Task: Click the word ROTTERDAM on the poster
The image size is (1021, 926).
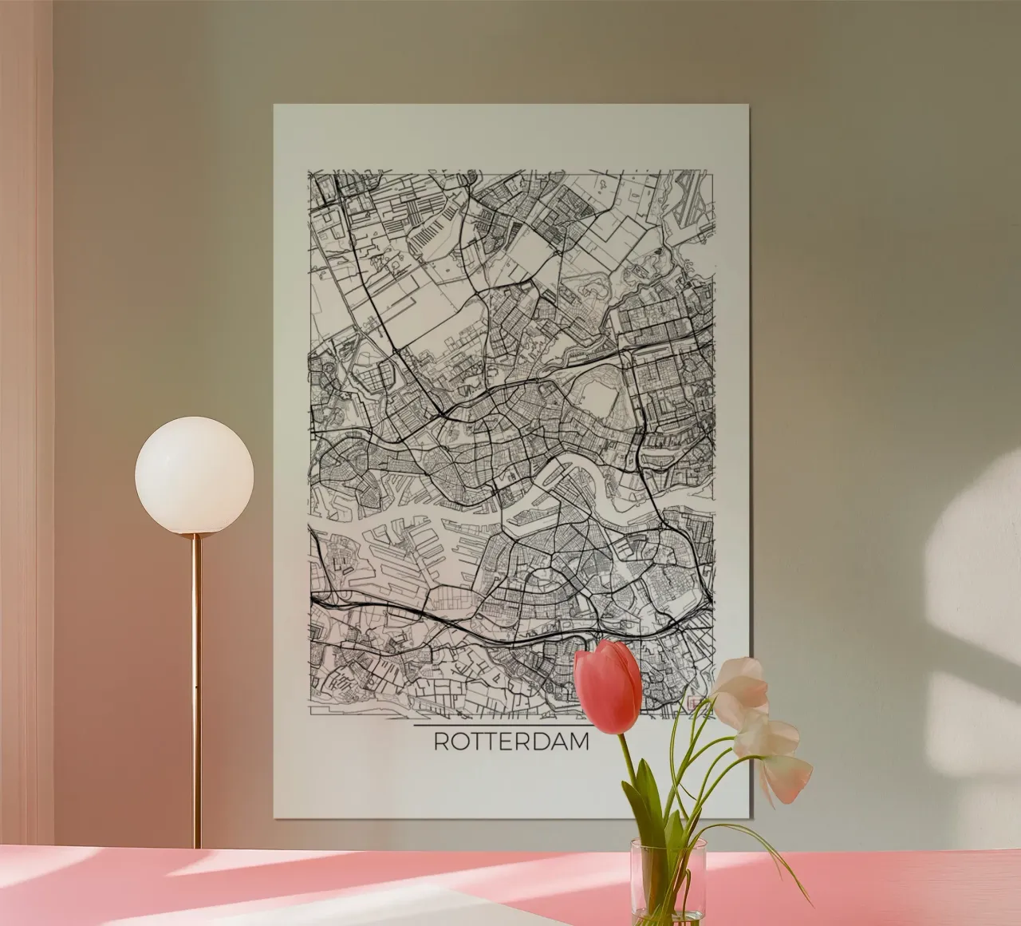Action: (x=511, y=741)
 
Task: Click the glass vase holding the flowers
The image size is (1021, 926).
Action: (x=668, y=879)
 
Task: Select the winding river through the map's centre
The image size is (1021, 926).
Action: (x=558, y=479)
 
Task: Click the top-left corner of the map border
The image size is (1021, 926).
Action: (x=309, y=171)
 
